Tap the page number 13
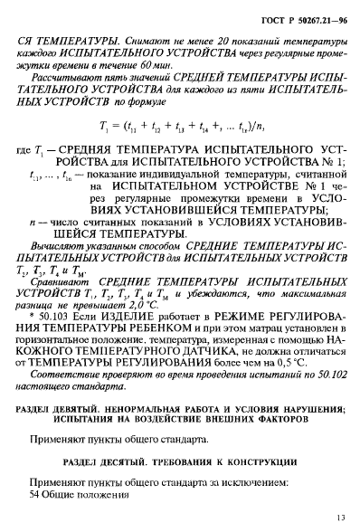point(338,518)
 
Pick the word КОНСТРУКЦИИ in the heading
point(257,489)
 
